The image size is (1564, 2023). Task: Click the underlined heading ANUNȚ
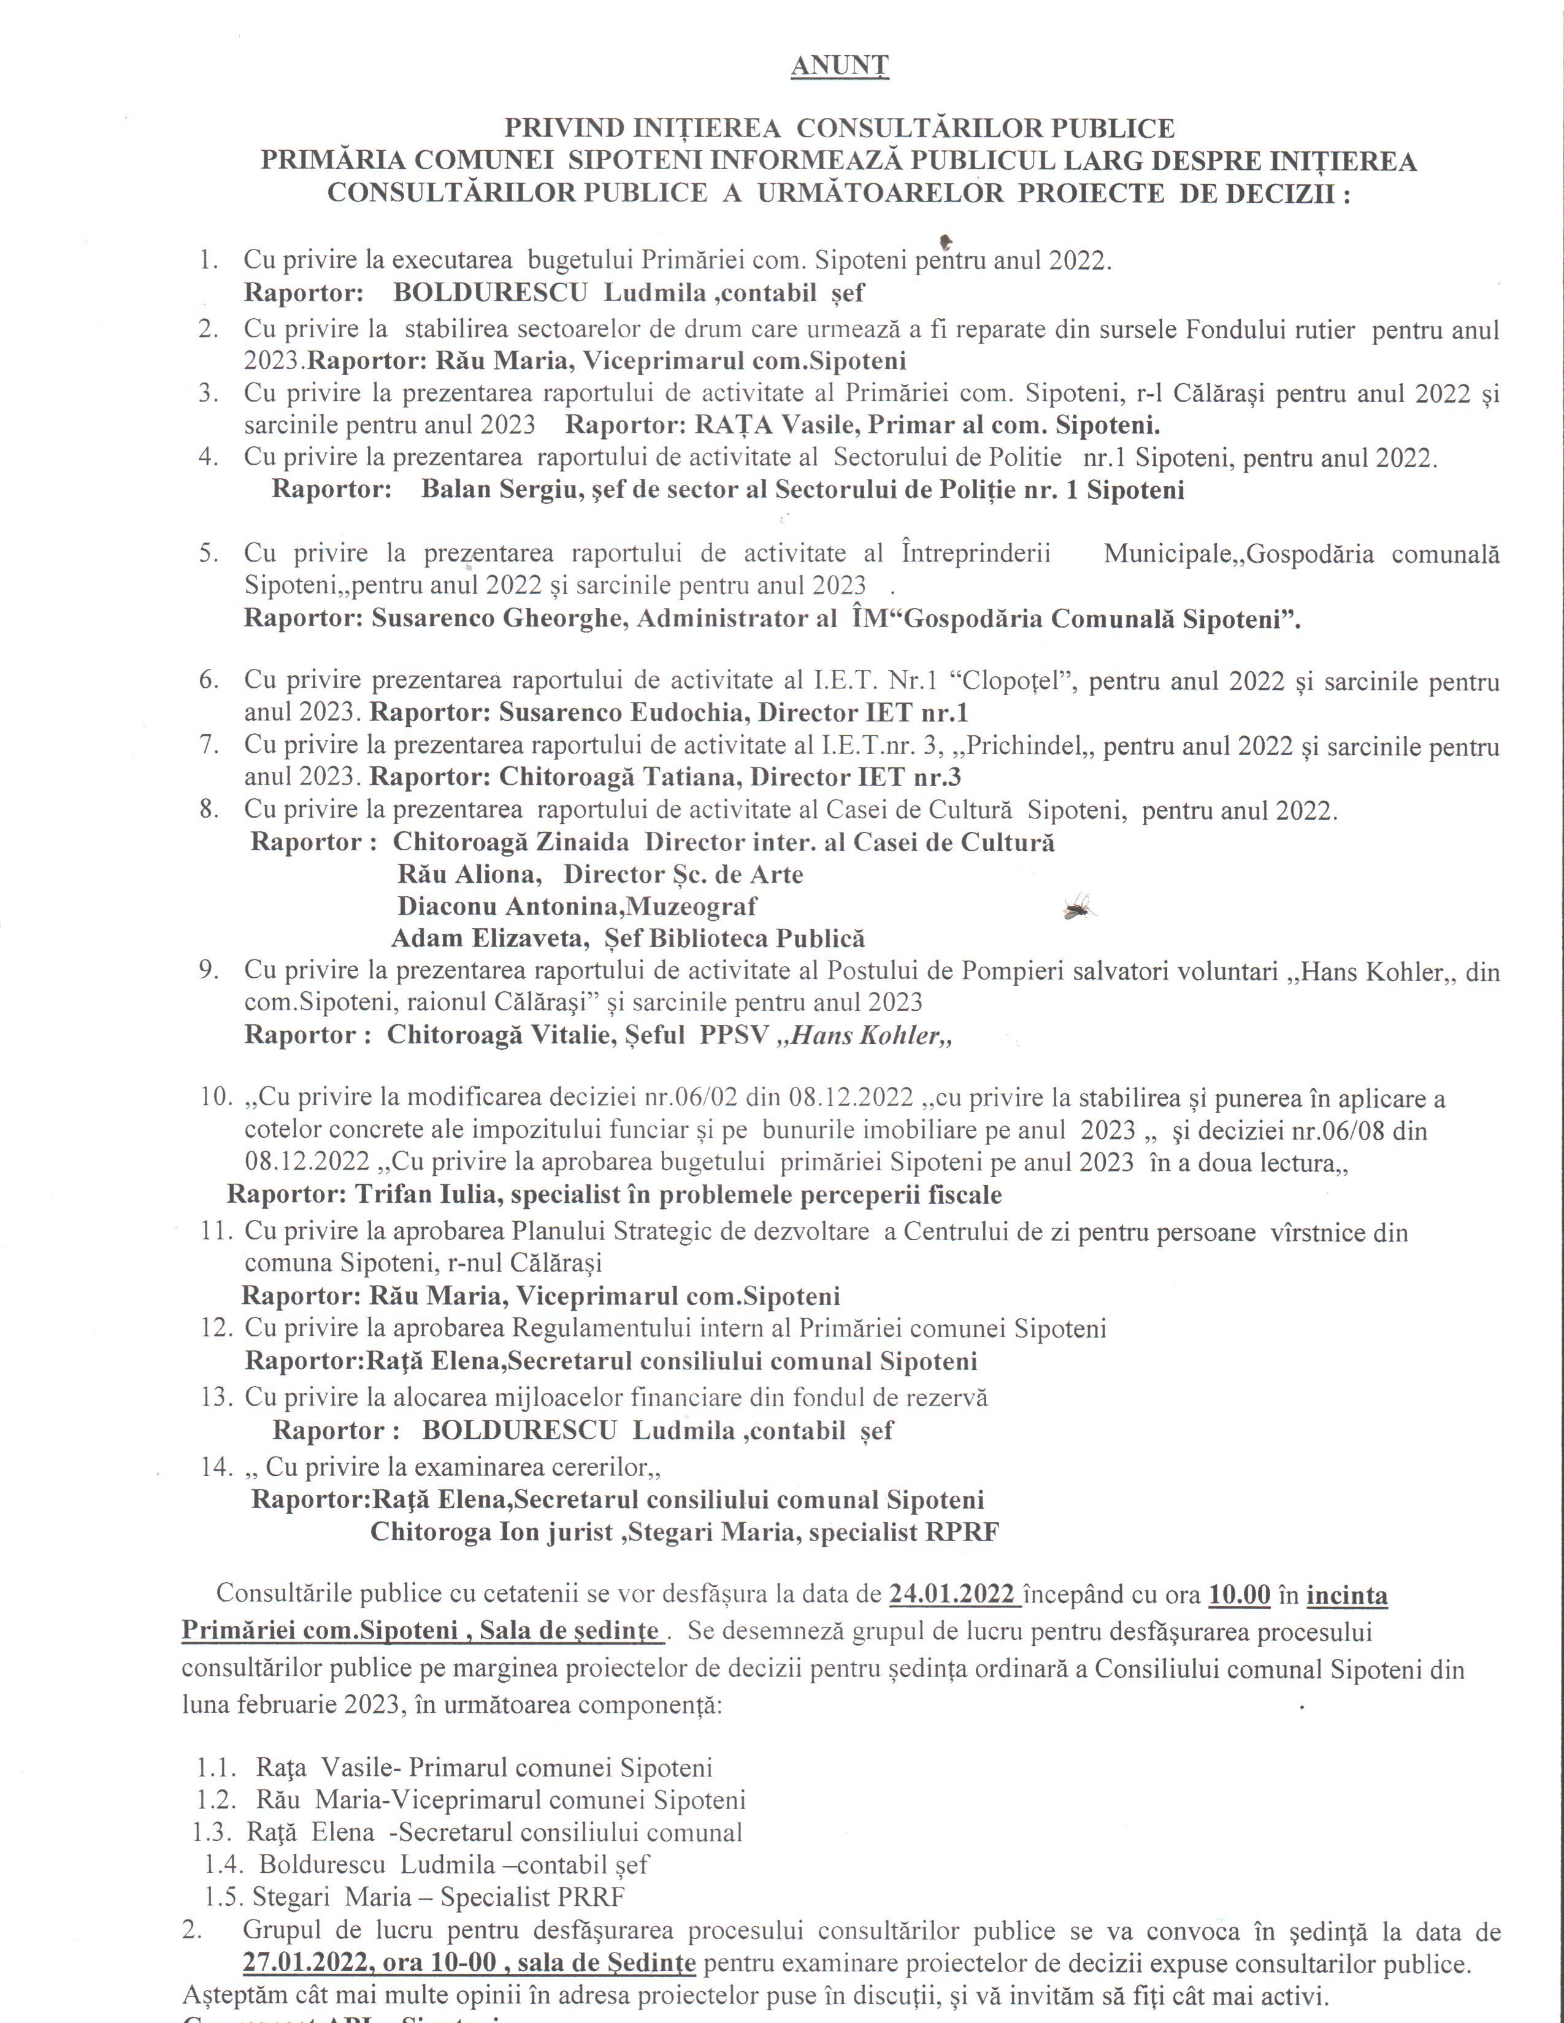(x=840, y=66)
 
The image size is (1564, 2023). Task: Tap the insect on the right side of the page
(x=1080, y=906)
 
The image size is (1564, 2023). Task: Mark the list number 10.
(x=215, y=1098)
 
